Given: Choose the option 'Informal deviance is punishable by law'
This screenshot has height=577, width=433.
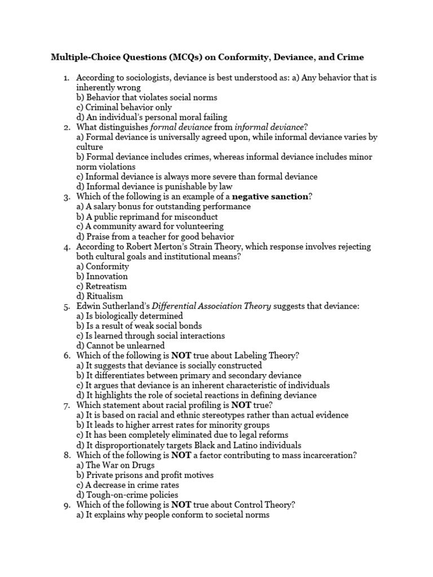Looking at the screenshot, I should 154,187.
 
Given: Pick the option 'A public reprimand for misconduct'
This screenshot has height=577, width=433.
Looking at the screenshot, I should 147,216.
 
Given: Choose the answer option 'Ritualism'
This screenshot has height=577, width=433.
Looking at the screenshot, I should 100,296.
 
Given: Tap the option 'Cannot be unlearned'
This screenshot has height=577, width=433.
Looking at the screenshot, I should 121,345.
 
